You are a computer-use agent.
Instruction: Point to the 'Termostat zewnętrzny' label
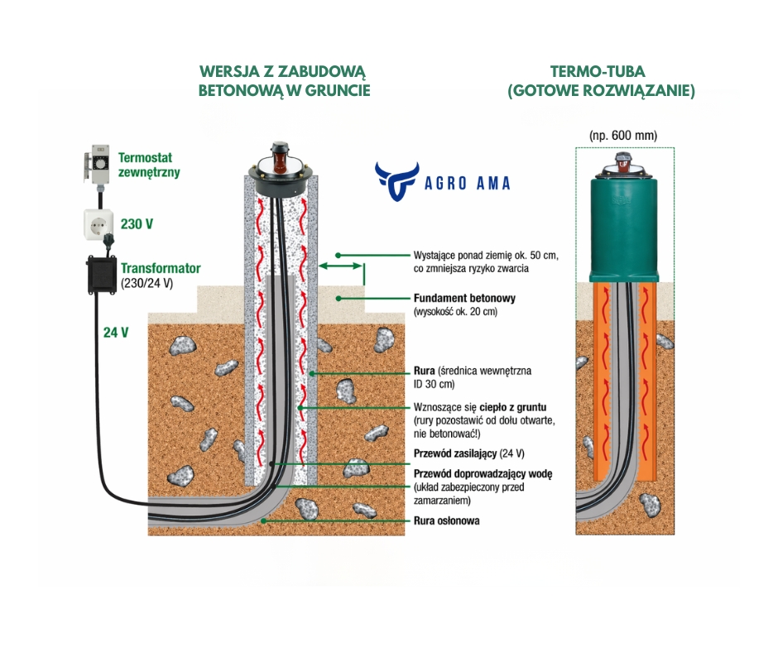[149, 165]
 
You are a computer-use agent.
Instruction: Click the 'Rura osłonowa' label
[446, 521]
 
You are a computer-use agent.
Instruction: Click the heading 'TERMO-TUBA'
[601, 72]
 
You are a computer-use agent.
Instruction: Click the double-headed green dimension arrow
[342, 266]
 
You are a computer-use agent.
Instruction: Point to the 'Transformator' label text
[161, 269]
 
